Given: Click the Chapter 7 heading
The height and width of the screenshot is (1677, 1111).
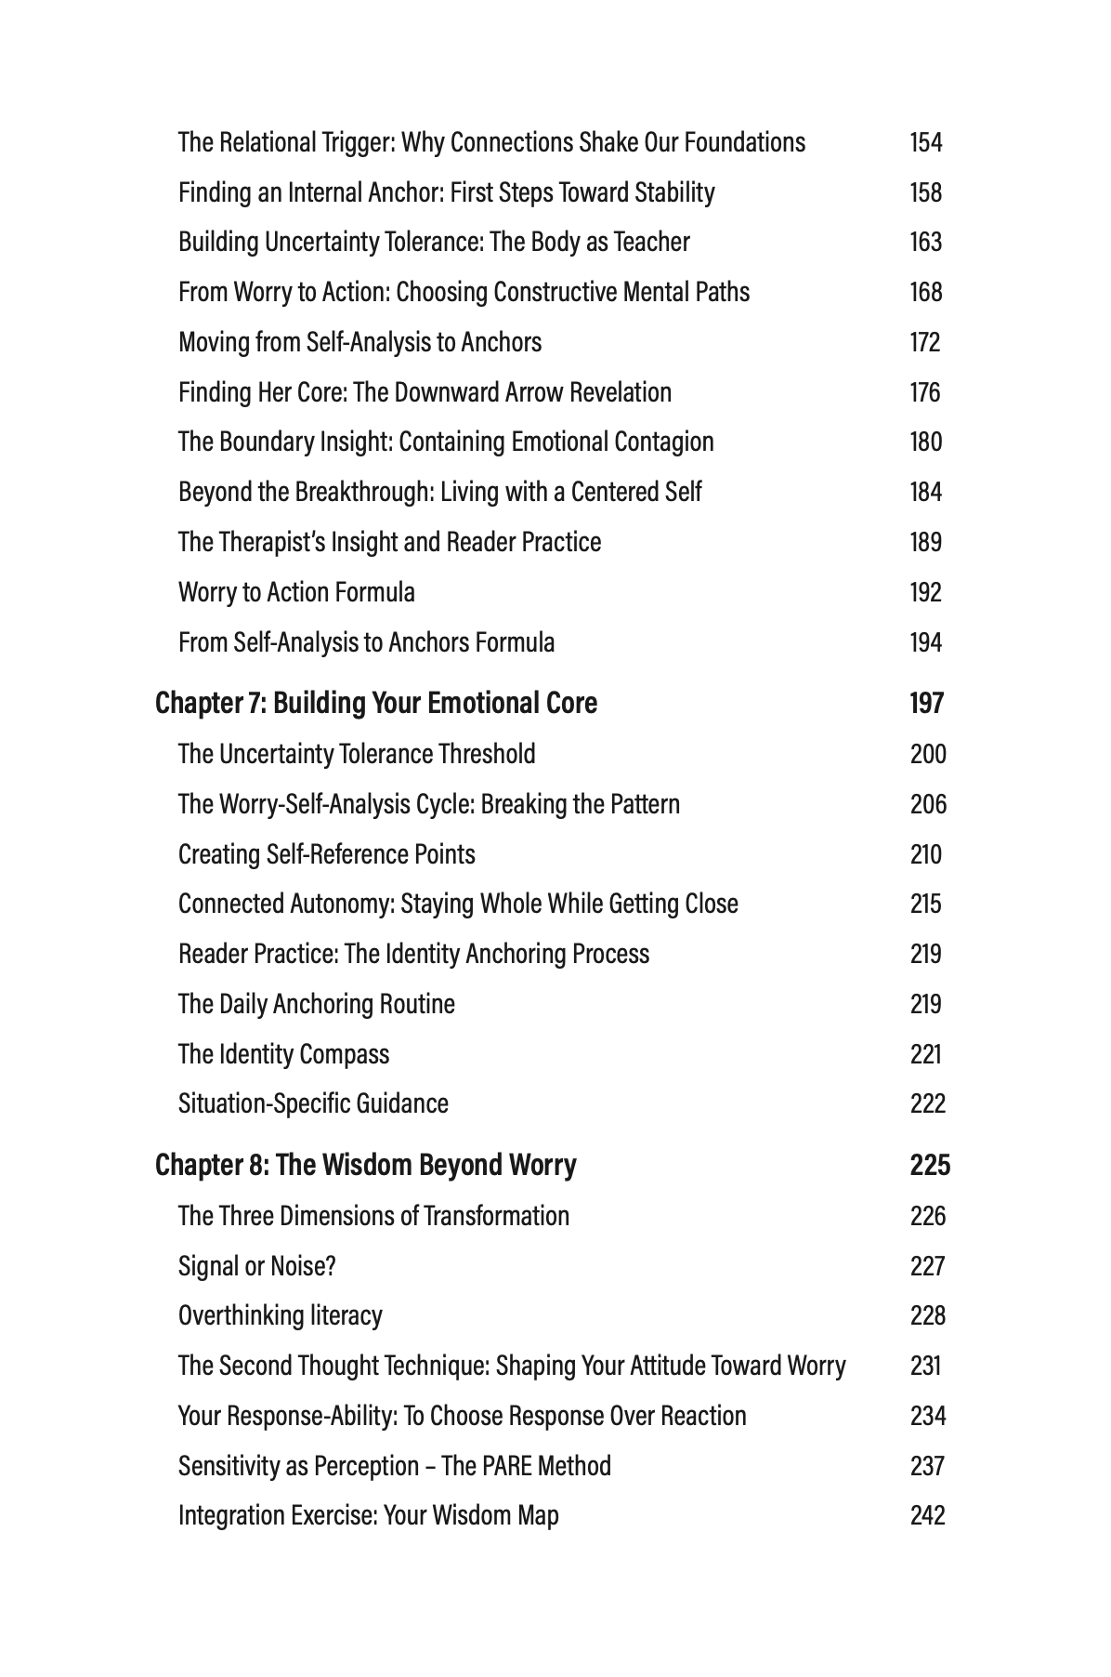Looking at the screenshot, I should [x=376, y=704].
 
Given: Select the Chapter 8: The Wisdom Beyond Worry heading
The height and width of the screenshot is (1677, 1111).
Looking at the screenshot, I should [x=366, y=1165].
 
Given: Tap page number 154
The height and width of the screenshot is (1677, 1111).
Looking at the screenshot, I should [x=926, y=143].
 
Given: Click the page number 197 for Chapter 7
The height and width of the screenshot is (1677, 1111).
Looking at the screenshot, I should [x=926, y=704].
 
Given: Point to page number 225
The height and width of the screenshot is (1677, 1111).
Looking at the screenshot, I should [x=930, y=1165].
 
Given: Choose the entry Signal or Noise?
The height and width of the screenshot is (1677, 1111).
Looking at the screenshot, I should [x=257, y=1266].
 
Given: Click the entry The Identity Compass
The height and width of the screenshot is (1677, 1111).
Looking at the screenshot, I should [x=283, y=1054].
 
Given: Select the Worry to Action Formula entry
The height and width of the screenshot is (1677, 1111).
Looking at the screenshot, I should [x=296, y=592].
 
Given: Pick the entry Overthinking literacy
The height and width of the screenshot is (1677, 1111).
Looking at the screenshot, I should [x=280, y=1315].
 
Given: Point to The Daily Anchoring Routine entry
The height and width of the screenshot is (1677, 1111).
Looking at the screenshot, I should [x=317, y=1004].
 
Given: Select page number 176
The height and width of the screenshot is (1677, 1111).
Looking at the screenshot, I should [x=925, y=392].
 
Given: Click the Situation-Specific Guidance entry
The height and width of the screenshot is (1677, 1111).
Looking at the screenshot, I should [x=313, y=1103].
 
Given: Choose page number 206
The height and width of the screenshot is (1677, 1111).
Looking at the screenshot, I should [x=928, y=804].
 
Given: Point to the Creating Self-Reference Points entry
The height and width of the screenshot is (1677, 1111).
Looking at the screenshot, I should [x=326, y=854].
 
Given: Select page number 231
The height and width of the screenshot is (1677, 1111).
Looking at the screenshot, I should [x=926, y=1366].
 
